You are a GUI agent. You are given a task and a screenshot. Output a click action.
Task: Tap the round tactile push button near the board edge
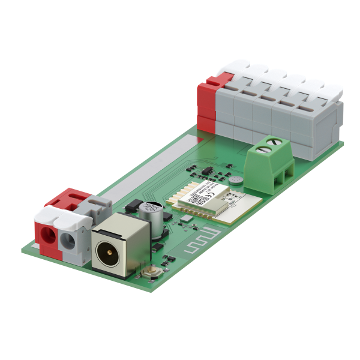(151, 274)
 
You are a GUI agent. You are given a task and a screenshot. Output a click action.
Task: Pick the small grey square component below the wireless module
(188, 220)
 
